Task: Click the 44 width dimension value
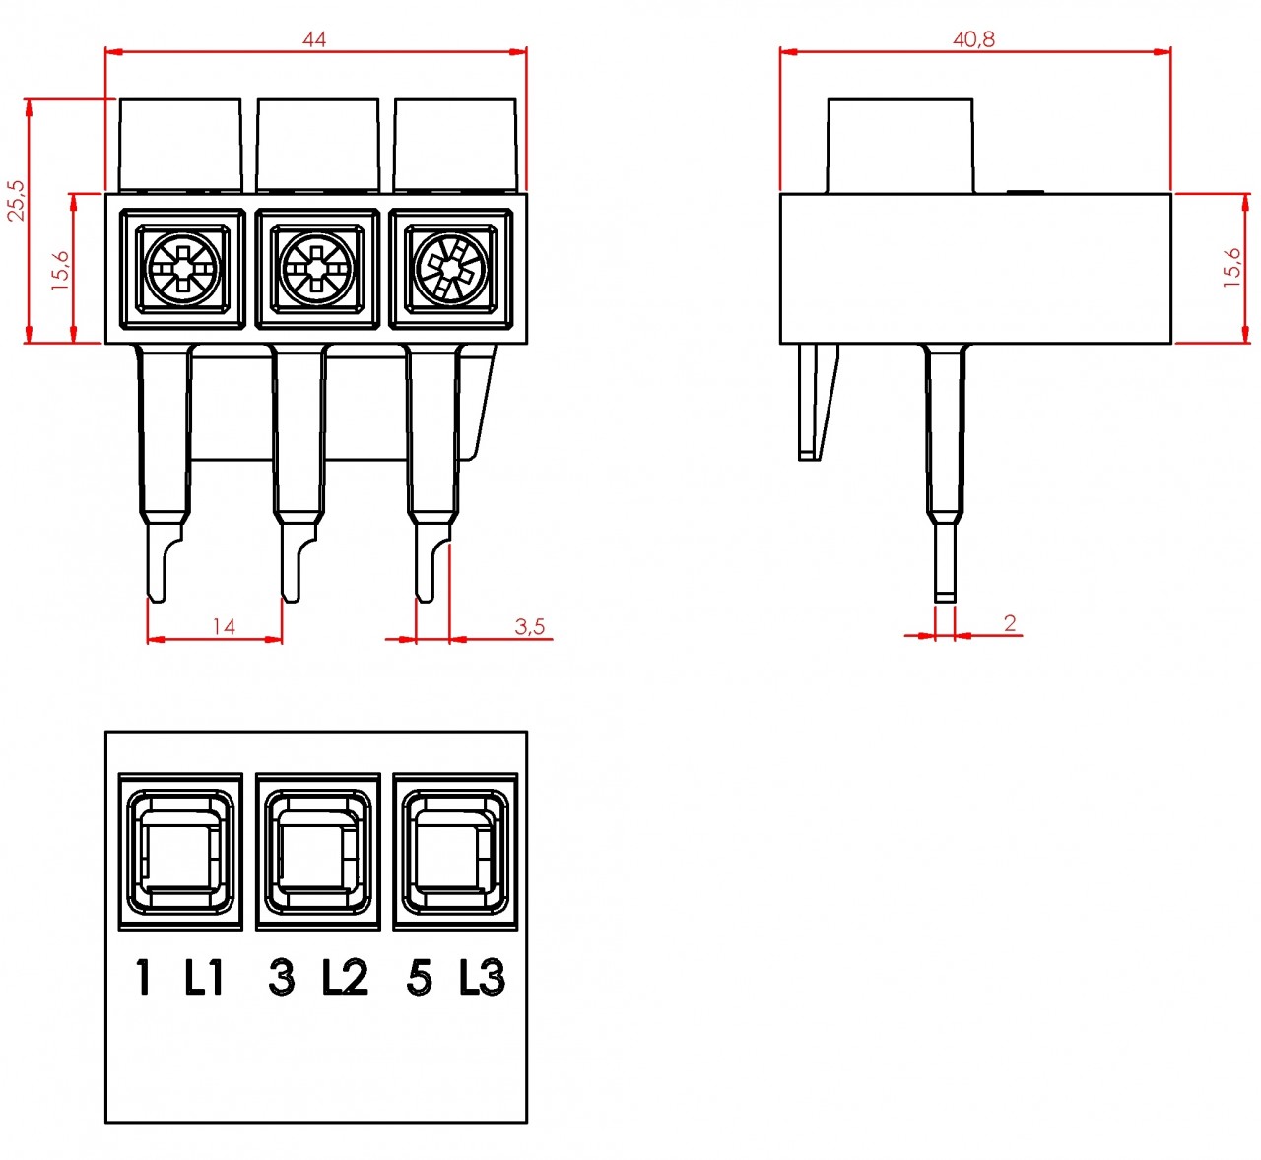point(314,39)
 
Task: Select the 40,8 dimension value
point(973,39)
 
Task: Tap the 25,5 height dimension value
point(17,201)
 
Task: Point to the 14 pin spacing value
point(224,626)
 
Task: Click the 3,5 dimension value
point(529,626)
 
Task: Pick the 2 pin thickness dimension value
point(1010,623)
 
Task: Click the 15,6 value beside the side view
point(1232,268)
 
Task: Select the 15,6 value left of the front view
point(61,270)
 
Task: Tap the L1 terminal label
point(204,977)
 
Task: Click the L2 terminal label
point(345,977)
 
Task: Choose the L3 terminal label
point(482,977)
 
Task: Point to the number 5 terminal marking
point(420,978)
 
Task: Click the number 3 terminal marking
point(281,978)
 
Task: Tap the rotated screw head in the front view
point(451,269)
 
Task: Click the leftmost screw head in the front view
point(182,269)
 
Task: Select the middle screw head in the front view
point(317,269)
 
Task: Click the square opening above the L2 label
point(317,852)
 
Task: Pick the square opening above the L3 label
point(455,852)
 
